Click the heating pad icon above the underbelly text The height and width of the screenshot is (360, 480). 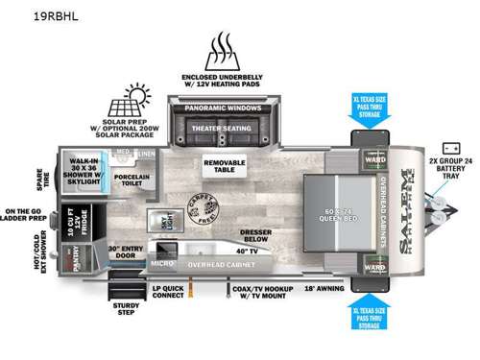[x=227, y=48]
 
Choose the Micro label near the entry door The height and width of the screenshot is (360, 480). [x=160, y=261]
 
